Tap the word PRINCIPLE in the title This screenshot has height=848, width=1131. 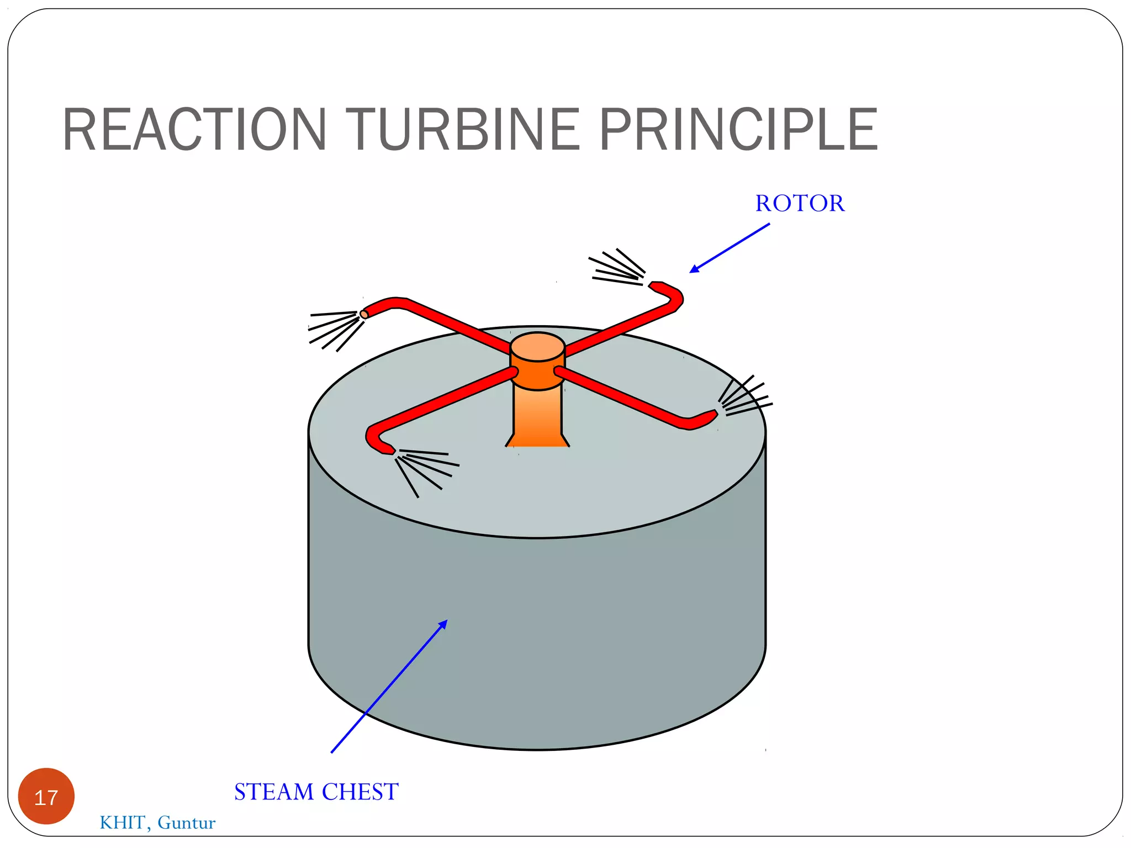[738, 130]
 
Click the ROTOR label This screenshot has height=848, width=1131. [800, 203]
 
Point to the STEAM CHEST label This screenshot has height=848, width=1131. [316, 792]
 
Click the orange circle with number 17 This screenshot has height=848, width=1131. [46, 796]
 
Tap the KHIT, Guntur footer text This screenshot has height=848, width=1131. [157, 823]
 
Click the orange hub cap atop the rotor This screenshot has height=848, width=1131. [537, 347]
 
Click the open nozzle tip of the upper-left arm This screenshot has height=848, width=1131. [364, 314]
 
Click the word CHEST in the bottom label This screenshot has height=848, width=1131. [360, 792]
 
